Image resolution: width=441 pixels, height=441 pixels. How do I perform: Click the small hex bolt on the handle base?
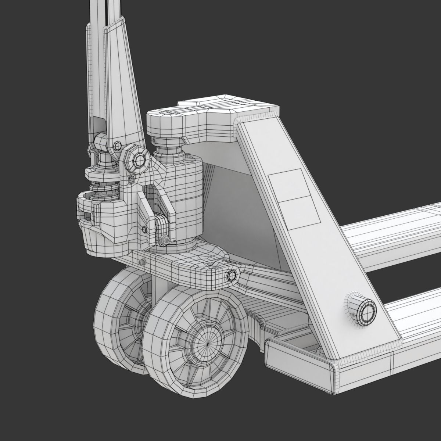pyautogui.click(x=117, y=146)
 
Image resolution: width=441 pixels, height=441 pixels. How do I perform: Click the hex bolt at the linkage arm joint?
pyautogui.click(x=232, y=276)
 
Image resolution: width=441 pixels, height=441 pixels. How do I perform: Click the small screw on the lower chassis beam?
pyautogui.click(x=141, y=262)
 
